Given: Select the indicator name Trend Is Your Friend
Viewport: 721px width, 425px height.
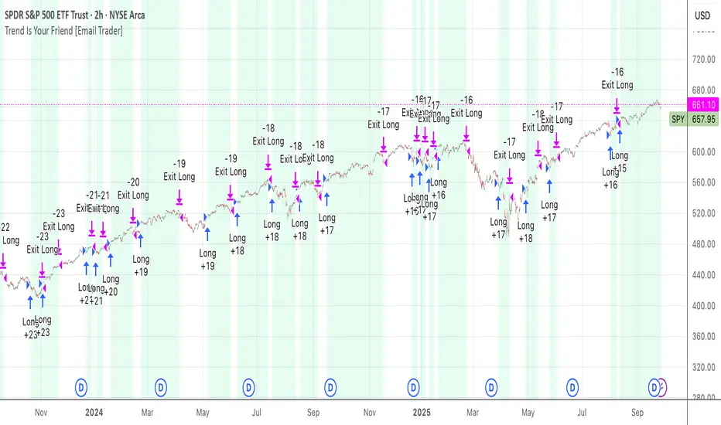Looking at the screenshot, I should pyautogui.click(x=45, y=30).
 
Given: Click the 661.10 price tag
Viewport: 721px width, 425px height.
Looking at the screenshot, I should pyautogui.click(x=702, y=105).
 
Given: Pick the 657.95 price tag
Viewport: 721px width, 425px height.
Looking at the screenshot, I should pyautogui.click(x=702, y=120).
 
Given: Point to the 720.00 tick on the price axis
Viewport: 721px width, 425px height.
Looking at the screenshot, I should pyautogui.click(x=702, y=59).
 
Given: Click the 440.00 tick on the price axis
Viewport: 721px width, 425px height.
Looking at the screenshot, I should pyautogui.click(x=702, y=275).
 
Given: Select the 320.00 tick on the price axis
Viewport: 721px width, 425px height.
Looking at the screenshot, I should pyautogui.click(x=702, y=368).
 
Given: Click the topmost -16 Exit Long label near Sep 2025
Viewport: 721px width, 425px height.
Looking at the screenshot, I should pyautogui.click(x=617, y=78).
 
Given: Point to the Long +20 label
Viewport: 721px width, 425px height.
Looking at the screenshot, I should pyautogui.click(x=111, y=285).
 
